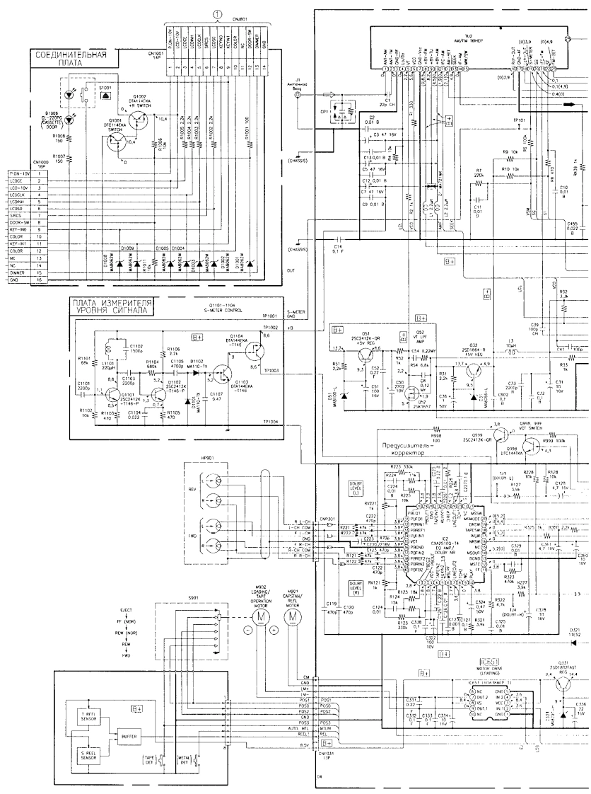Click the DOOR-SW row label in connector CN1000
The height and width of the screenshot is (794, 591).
coord(17,224)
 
